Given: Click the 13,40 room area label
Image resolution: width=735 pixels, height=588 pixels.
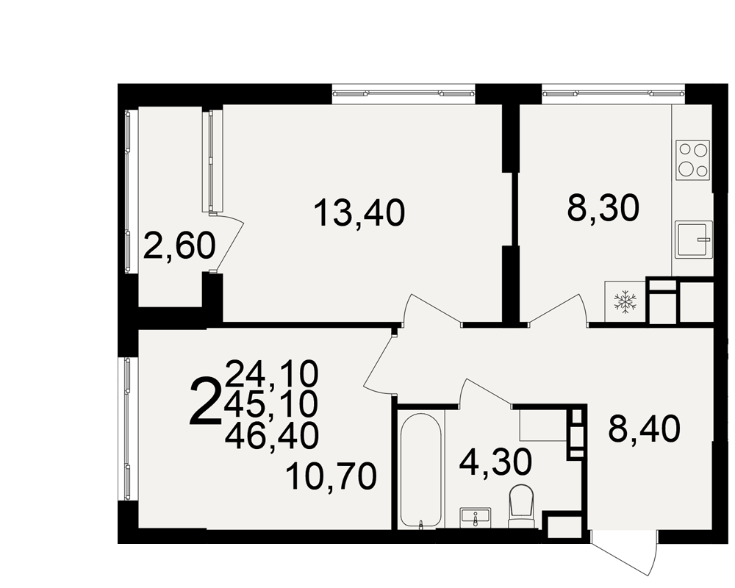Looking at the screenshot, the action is pyautogui.click(x=359, y=213).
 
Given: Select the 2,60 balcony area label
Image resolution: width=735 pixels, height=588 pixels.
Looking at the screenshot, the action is pyautogui.click(x=179, y=246).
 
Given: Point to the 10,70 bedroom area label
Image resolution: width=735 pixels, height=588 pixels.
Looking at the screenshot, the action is pyautogui.click(x=331, y=476).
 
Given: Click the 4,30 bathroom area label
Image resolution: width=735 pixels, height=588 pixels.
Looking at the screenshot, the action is pyautogui.click(x=495, y=462).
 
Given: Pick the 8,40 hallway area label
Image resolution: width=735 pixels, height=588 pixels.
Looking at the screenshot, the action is pyautogui.click(x=644, y=429).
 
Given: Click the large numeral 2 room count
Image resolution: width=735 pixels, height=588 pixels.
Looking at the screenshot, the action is pyautogui.click(x=205, y=402).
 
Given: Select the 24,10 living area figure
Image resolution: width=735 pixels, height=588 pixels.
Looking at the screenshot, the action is pyautogui.click(x=272, y=374).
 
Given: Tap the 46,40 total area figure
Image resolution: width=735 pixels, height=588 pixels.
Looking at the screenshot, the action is pyautogui.click(x=272, y=435).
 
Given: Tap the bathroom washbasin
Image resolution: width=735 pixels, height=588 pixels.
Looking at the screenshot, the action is pyautogui.click(x=475, y=518).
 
